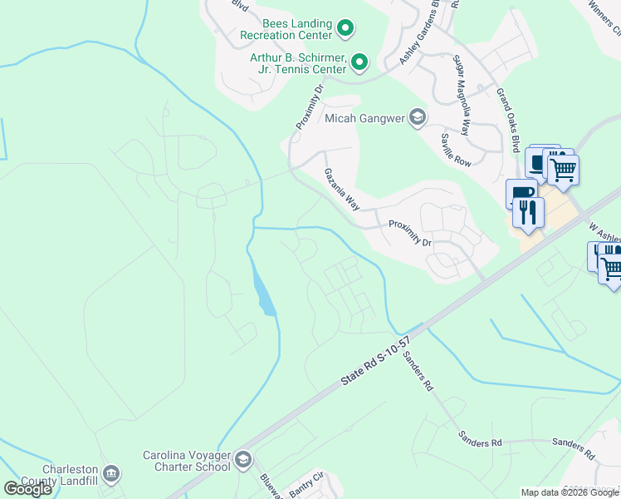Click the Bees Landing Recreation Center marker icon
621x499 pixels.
point(346,30)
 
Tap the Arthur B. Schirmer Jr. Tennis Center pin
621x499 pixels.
point(359,62)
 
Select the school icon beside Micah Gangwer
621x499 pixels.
point(417,118)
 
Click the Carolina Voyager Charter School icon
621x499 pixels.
point(243,460)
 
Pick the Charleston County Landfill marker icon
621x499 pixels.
point(111,474)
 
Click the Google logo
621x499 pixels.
point(28,489)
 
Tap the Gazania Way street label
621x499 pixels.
point(341,188)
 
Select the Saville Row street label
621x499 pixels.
point(456,151)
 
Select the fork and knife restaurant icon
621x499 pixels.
point(528,213)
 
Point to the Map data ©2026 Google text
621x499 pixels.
point(570,492)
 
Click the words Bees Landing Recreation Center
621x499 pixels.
point(286,30)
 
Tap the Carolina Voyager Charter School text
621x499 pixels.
point(186,461)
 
